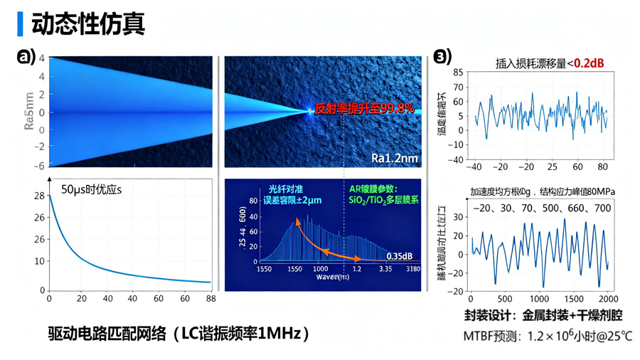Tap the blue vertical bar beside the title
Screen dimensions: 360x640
[x=20, y=23]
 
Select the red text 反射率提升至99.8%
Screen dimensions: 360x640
[x=365, y=108]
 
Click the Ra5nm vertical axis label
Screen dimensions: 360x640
[x=29, y=112]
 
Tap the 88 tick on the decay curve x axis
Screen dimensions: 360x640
[x=210, y=299]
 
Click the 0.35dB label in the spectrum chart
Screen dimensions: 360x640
[x=400, y=255]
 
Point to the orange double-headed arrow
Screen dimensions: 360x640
[x=327, y=238]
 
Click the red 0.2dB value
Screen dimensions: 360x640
[x=589, y=63]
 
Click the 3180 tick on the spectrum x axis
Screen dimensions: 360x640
[x=412, y=270]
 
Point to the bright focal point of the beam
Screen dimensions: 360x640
[x=311, y=111]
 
